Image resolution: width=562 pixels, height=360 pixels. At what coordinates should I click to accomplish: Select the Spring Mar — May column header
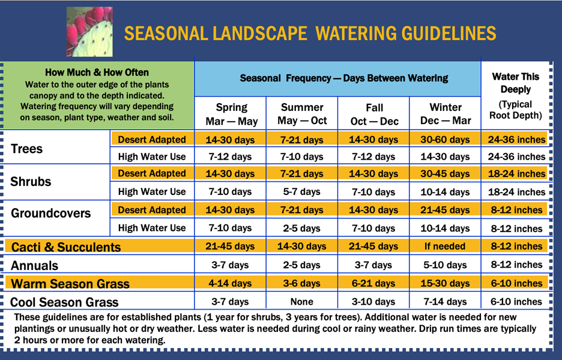232,114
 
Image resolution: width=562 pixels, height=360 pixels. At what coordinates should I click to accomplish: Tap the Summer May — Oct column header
302,114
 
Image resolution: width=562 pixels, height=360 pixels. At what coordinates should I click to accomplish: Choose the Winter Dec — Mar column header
446,114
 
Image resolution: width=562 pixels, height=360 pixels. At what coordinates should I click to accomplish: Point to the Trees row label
28,148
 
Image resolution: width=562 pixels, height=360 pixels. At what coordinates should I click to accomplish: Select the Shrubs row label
31,182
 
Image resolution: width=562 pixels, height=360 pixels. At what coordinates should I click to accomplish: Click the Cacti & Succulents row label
66,247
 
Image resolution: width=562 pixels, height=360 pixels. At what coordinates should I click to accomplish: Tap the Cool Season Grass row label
64,302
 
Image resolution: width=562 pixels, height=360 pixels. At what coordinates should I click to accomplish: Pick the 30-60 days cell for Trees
446,140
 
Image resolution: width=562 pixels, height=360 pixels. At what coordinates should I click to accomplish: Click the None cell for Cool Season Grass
302,302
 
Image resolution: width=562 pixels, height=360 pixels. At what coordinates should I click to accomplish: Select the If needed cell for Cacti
446,247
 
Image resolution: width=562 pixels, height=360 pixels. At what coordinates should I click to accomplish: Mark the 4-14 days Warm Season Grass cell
232,283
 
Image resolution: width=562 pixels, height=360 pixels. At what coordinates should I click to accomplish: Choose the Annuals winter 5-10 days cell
446,265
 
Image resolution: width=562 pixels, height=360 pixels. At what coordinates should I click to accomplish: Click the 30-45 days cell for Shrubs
446,174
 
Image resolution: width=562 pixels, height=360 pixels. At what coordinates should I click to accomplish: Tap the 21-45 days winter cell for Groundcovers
446,211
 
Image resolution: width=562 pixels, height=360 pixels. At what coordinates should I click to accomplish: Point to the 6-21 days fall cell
374,283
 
